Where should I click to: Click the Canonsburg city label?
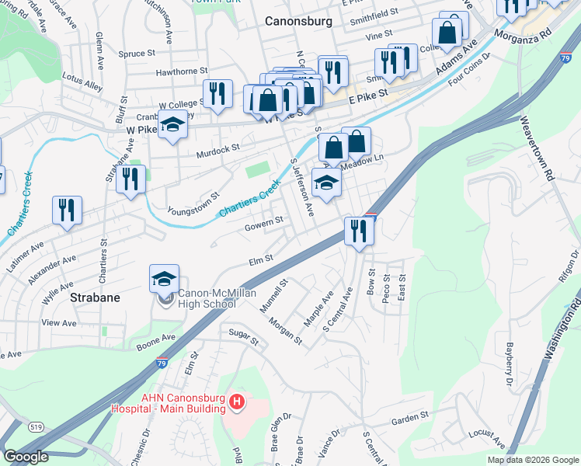(298, 21)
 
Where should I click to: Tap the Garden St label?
(410, 419)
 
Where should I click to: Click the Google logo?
(26, 457)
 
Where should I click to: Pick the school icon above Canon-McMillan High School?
(165, 278)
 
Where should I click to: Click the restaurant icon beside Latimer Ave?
(67, 210)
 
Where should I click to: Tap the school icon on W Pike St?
(172, 124)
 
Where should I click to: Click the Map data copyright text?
(532, 460)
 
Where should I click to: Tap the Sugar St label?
(242, 336)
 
